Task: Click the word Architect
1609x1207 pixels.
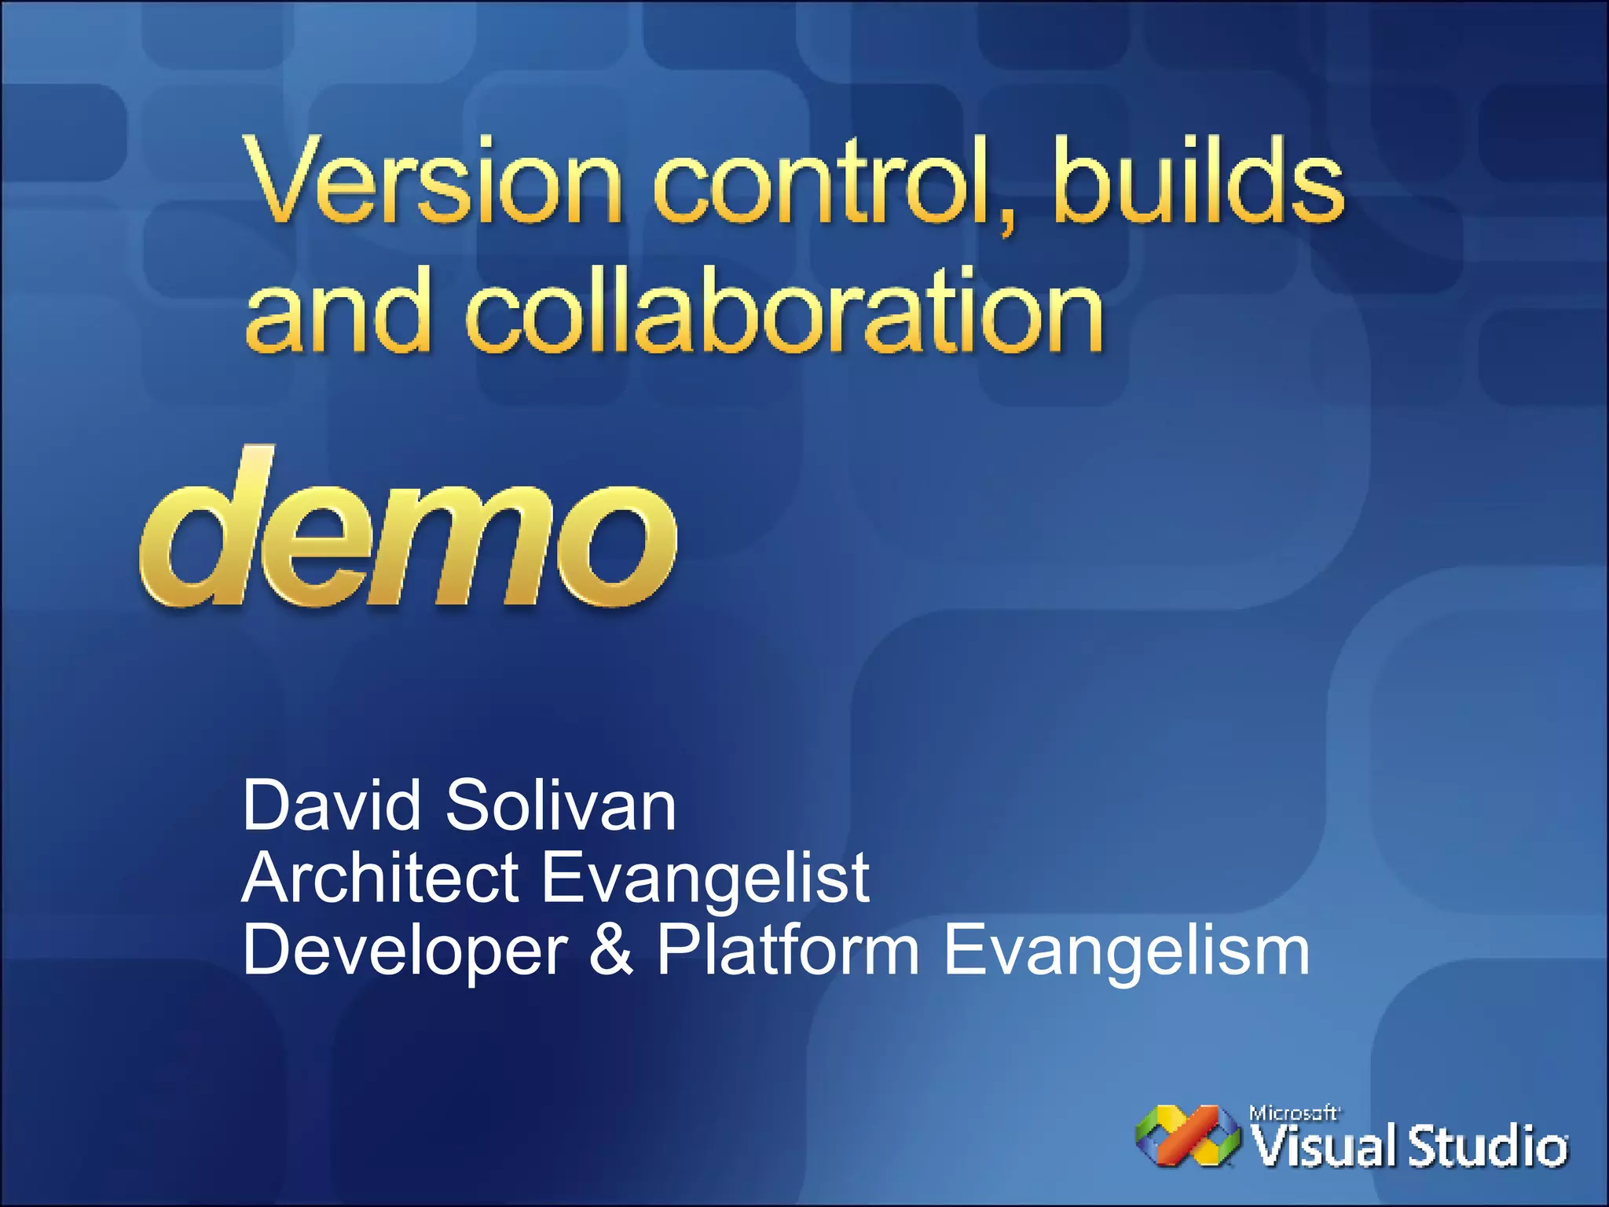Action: pos(380,878)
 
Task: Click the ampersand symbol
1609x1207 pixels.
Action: pos(611,950)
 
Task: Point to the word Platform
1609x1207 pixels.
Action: pos(787,950)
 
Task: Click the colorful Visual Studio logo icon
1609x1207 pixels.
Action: pos(1186,1136)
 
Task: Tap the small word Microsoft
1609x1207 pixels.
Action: pos(1293,1113)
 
